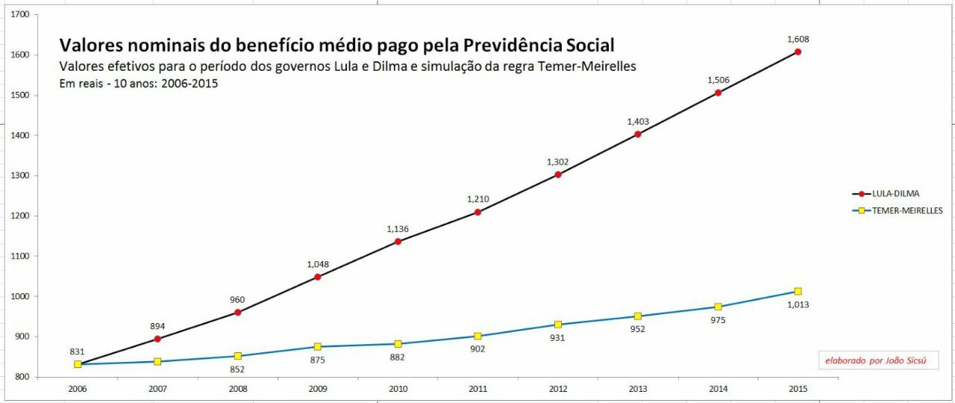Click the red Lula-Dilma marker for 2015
click(x=798, y=51)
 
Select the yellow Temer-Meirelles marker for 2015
click(x=798, y=291)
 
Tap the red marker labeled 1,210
click(x=477, y=212)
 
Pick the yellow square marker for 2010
click(x=398, y=344)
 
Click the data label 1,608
click(x=798, y=39)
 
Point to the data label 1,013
click(x=798, y=304)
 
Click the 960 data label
click(x=237, y=300)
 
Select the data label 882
click(x=398, y=357)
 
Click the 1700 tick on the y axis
click(x=21, y=15)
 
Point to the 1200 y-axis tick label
click(x=21, y=216)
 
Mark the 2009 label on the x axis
click(x=317, y=389)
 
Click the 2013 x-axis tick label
click(x=638, y=389)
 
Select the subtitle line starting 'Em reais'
click(x=138, y=83)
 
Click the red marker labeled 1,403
click(x=638, y=134)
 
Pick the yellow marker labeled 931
click(x=557, y=325)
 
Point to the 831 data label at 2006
click(x=78, y=352)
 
